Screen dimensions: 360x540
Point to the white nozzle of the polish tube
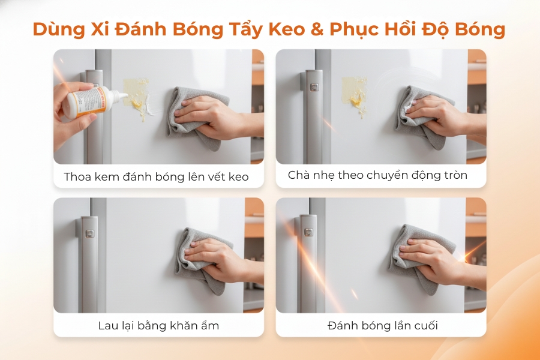pyautogui.click(x=119, y=95)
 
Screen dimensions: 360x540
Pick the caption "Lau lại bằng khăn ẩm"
pyautogui.click(x=158, y=326)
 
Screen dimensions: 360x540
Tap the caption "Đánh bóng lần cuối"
pyautogui.click(x=383, y=326)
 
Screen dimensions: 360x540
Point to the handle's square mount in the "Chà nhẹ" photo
pyautogui.click(x=313, y=86)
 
